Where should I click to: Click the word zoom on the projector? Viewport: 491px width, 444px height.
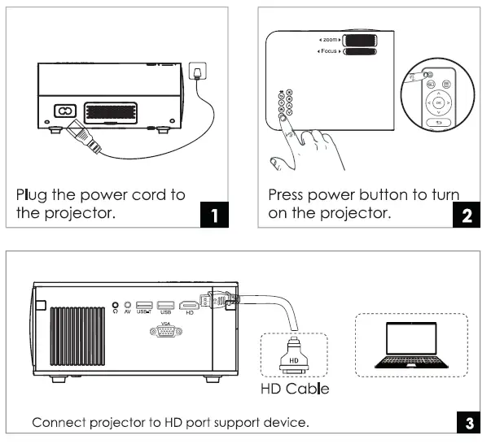point(329,39)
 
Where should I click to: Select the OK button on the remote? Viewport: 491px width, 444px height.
point(439,103)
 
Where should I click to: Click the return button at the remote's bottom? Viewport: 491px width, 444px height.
point(439,124)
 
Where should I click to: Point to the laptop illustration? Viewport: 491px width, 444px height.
point(410,346)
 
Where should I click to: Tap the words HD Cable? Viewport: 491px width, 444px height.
point(295,389)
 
